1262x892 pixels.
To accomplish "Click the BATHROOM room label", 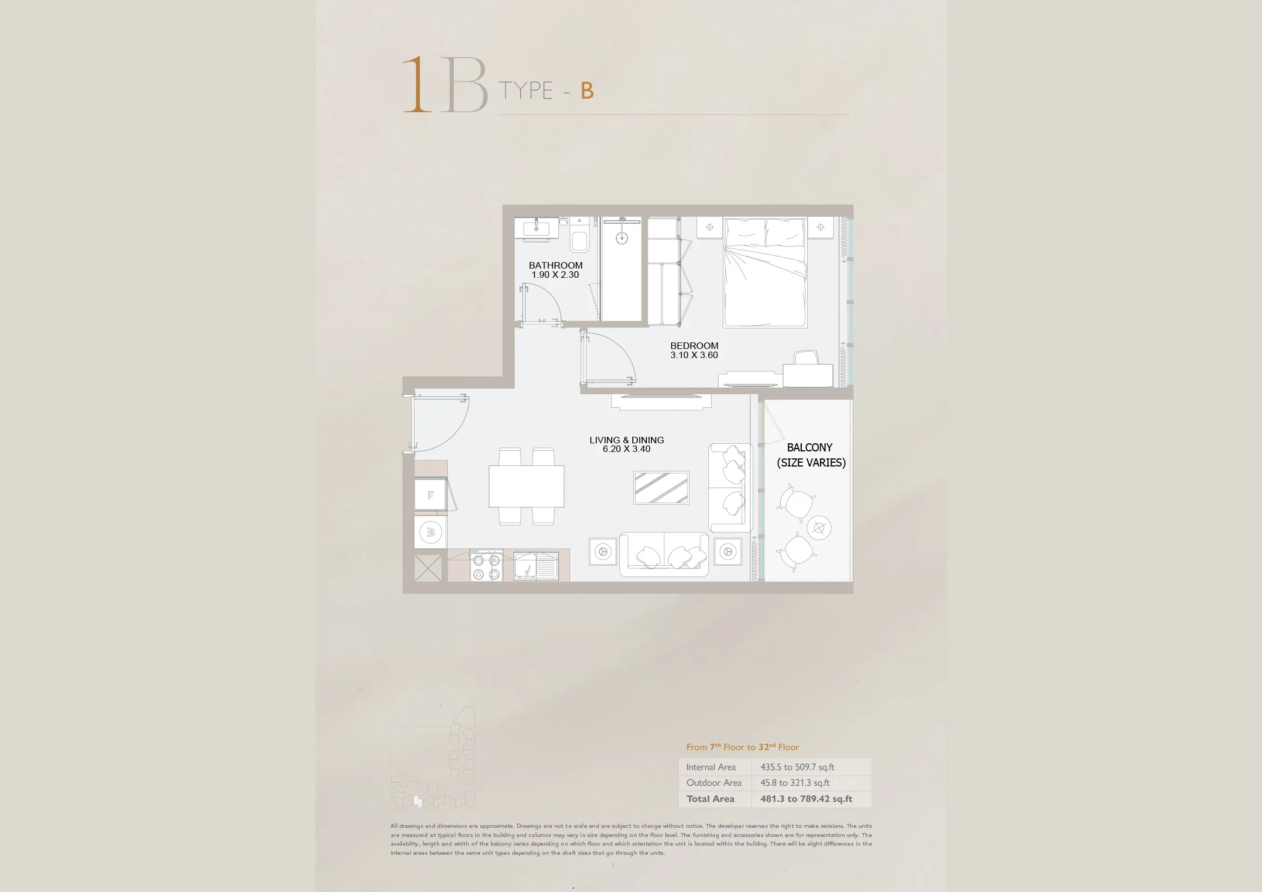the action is [555, 265].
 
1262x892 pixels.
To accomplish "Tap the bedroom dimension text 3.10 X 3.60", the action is [694, 355].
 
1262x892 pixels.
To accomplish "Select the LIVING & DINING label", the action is [626, 440].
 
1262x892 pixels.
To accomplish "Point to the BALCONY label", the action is [810, 448].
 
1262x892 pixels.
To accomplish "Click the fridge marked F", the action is [431, 495].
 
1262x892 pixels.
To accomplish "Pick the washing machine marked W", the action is [431, 532].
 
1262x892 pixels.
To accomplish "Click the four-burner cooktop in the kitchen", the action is [487, 565].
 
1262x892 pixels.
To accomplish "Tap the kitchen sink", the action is [536, 566].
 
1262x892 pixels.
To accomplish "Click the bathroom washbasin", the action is [536, 228].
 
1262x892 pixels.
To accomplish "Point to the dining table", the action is [527, 486].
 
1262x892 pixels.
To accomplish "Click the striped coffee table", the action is [661, 488].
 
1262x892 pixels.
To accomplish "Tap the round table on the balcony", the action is [819, 528].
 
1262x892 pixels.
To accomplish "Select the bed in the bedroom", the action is [765, 272].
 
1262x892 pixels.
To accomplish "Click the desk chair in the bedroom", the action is [806, 358].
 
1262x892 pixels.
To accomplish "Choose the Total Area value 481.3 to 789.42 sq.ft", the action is [806, 799].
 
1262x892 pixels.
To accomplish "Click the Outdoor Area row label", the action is [713, 783].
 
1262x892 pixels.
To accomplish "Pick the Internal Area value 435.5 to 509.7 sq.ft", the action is [797, 767].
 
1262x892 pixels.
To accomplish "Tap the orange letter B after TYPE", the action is [587, 91].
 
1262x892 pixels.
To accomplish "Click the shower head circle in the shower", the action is [622, 238].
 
